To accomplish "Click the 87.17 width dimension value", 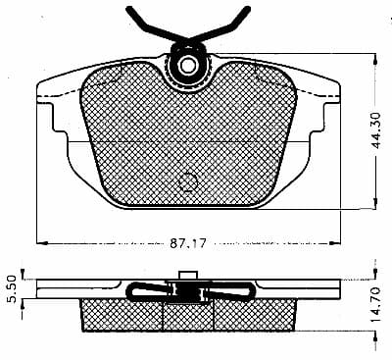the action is [188, 243].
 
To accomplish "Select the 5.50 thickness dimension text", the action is [12, 289].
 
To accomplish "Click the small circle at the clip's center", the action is [188, 65].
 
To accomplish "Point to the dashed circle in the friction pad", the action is [188, 182].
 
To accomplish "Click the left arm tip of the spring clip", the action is [128, 9].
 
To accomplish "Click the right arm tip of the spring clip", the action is [248, 9].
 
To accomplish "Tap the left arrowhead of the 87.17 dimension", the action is [42, 243].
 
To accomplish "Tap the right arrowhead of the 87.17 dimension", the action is [334, 243].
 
